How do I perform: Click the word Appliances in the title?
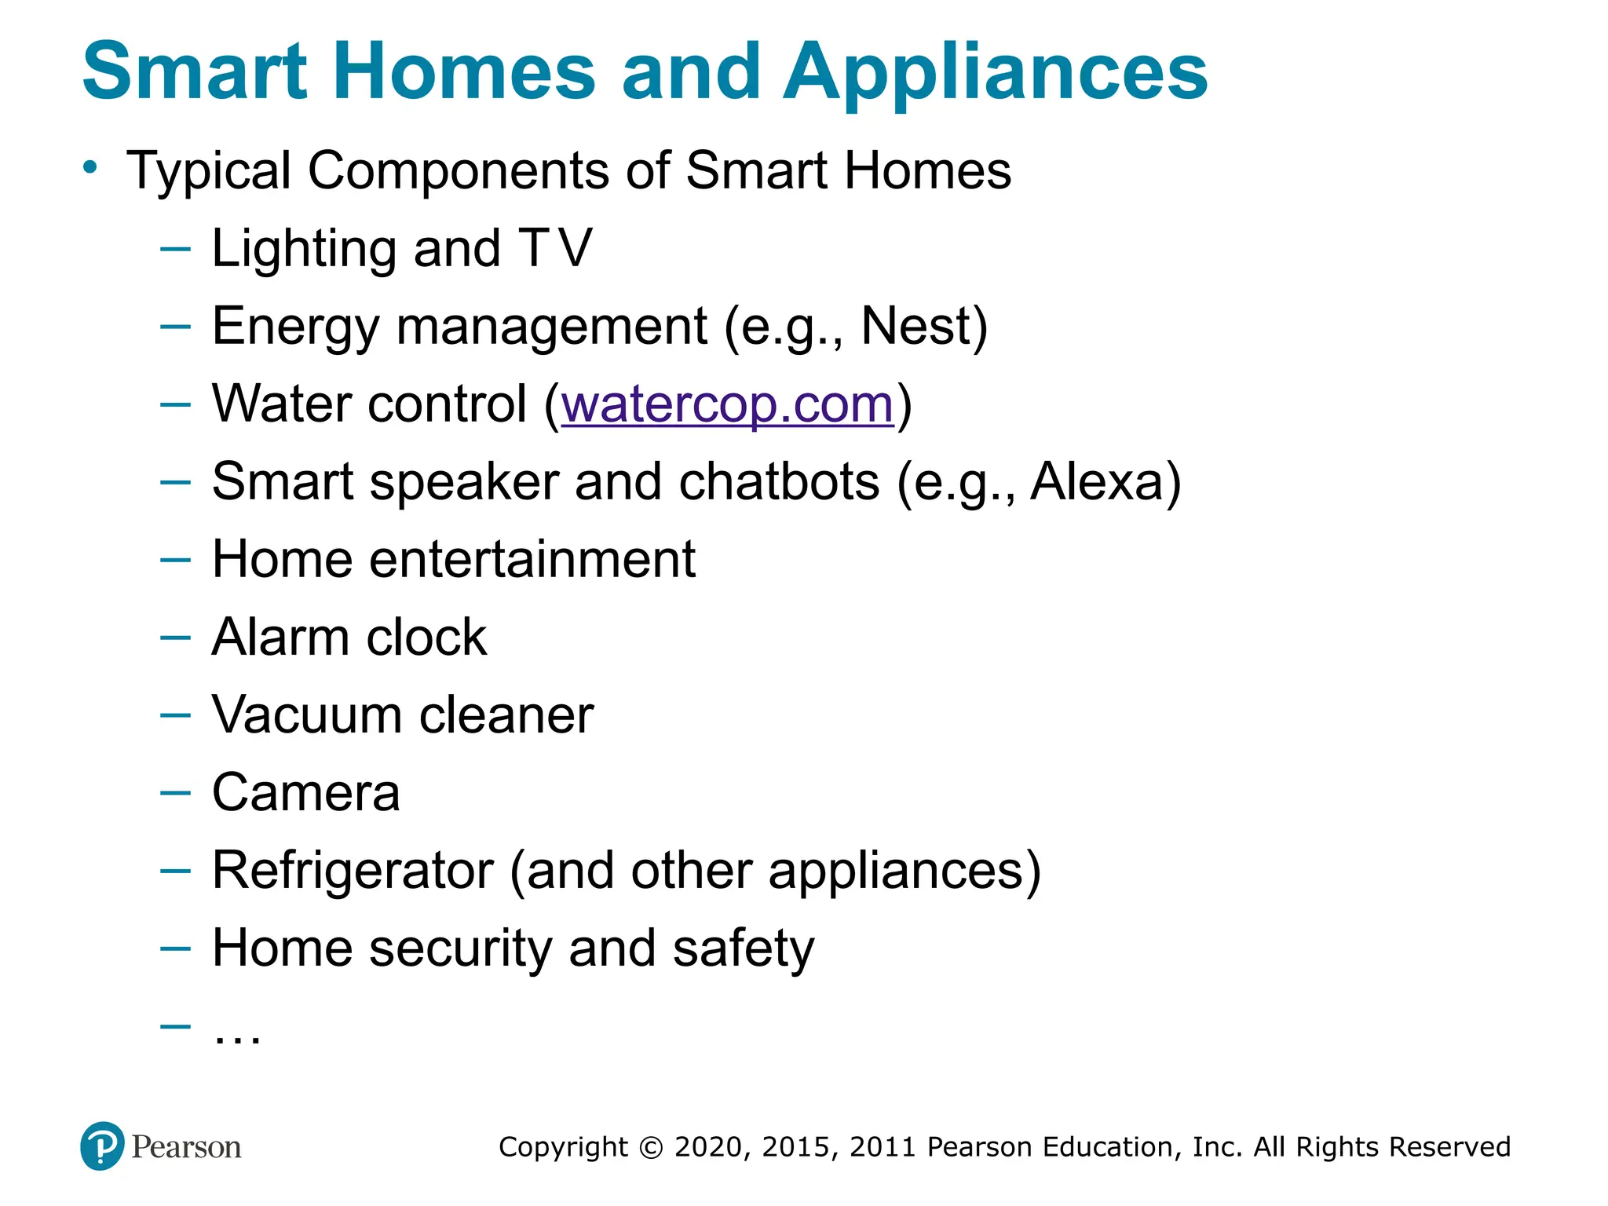click(995, 72)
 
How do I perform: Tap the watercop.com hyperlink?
click(728, 404)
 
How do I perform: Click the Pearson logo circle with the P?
click(102, 1146)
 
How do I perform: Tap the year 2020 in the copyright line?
click(708, 1147)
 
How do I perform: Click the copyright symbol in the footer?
click(651, 1148)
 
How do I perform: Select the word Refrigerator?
click(353, 871)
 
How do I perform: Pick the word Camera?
click(306, 793)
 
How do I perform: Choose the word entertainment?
click(532, 560)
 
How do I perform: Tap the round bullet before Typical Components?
click(91, 167)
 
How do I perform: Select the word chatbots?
click(779, 481)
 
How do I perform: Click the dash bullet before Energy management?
click(175, 326)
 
